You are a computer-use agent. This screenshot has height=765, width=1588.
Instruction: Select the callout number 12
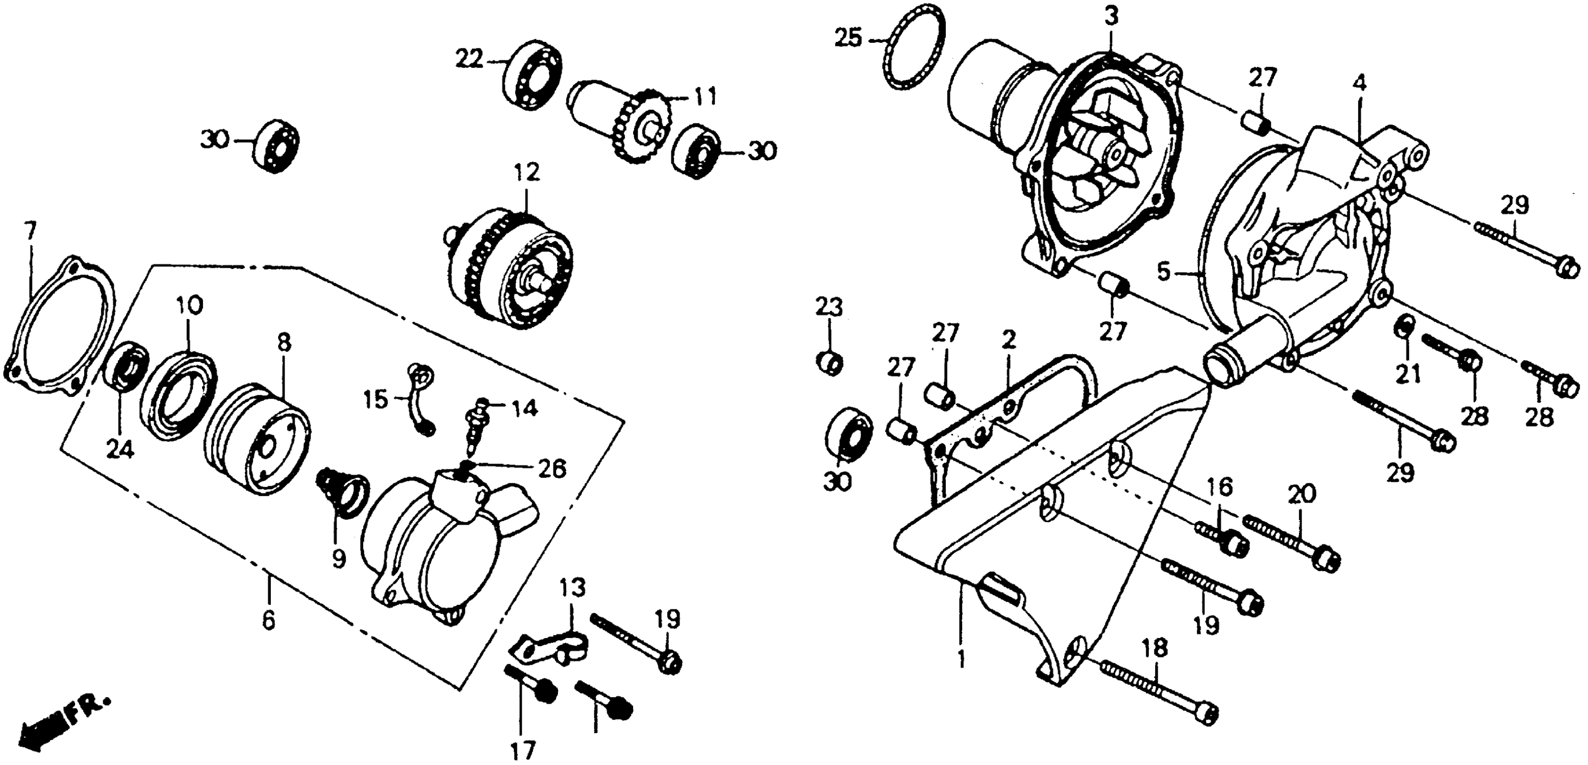[528, 171]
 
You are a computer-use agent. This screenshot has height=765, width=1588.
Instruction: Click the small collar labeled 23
[830, 362]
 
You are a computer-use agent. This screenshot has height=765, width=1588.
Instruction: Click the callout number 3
[1111, 17]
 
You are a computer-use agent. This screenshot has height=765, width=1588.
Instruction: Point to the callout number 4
[1360, 82]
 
